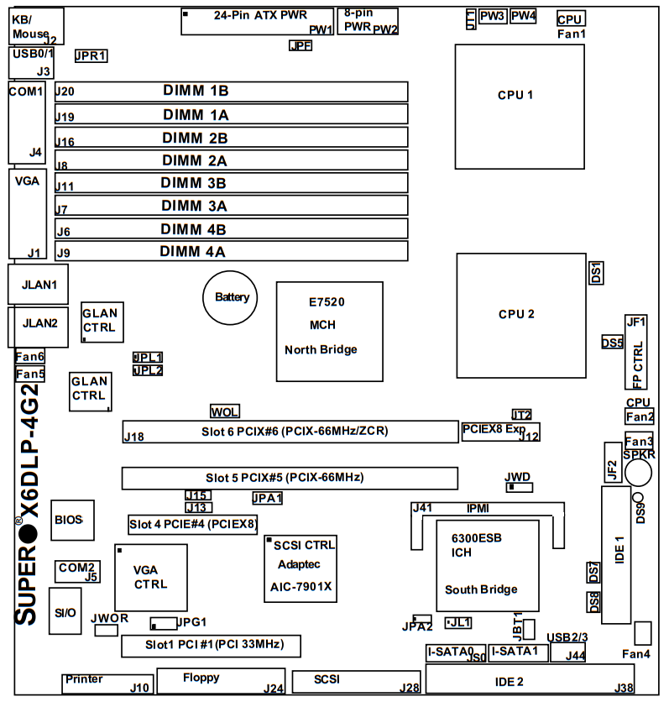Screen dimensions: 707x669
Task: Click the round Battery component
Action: click(x=232, y=296)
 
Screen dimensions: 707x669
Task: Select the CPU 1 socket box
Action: click(x=519, y=106)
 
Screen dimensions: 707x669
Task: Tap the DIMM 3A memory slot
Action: click(x=232, y=205)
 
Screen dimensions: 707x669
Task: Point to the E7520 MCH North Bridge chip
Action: click(x=330, y=330)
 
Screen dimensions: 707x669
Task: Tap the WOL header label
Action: click(x=224, y=411)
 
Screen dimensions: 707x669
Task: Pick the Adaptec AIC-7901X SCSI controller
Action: click(x=301, y=568)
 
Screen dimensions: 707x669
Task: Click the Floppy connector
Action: click(x=221, y=681)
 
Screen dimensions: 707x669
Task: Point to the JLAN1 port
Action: click(x=38, y=285)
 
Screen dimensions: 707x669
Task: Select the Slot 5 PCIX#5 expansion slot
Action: click(x=290, y=478)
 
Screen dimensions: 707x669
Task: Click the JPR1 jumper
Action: click(x=91, y=56)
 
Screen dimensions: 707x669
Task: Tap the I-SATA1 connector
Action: click(x=519, y=652)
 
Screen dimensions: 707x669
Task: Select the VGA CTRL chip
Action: click(x=151, y=578)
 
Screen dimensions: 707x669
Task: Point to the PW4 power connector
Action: click(x=523, y=16)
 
